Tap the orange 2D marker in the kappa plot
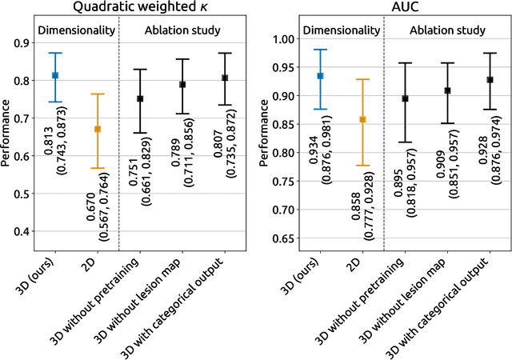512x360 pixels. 98,129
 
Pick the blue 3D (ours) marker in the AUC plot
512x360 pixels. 320,75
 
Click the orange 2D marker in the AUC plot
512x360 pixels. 362,119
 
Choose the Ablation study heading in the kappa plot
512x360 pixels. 183,31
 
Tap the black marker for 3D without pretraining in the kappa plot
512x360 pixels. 140,98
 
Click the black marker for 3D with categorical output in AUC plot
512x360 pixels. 490,79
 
